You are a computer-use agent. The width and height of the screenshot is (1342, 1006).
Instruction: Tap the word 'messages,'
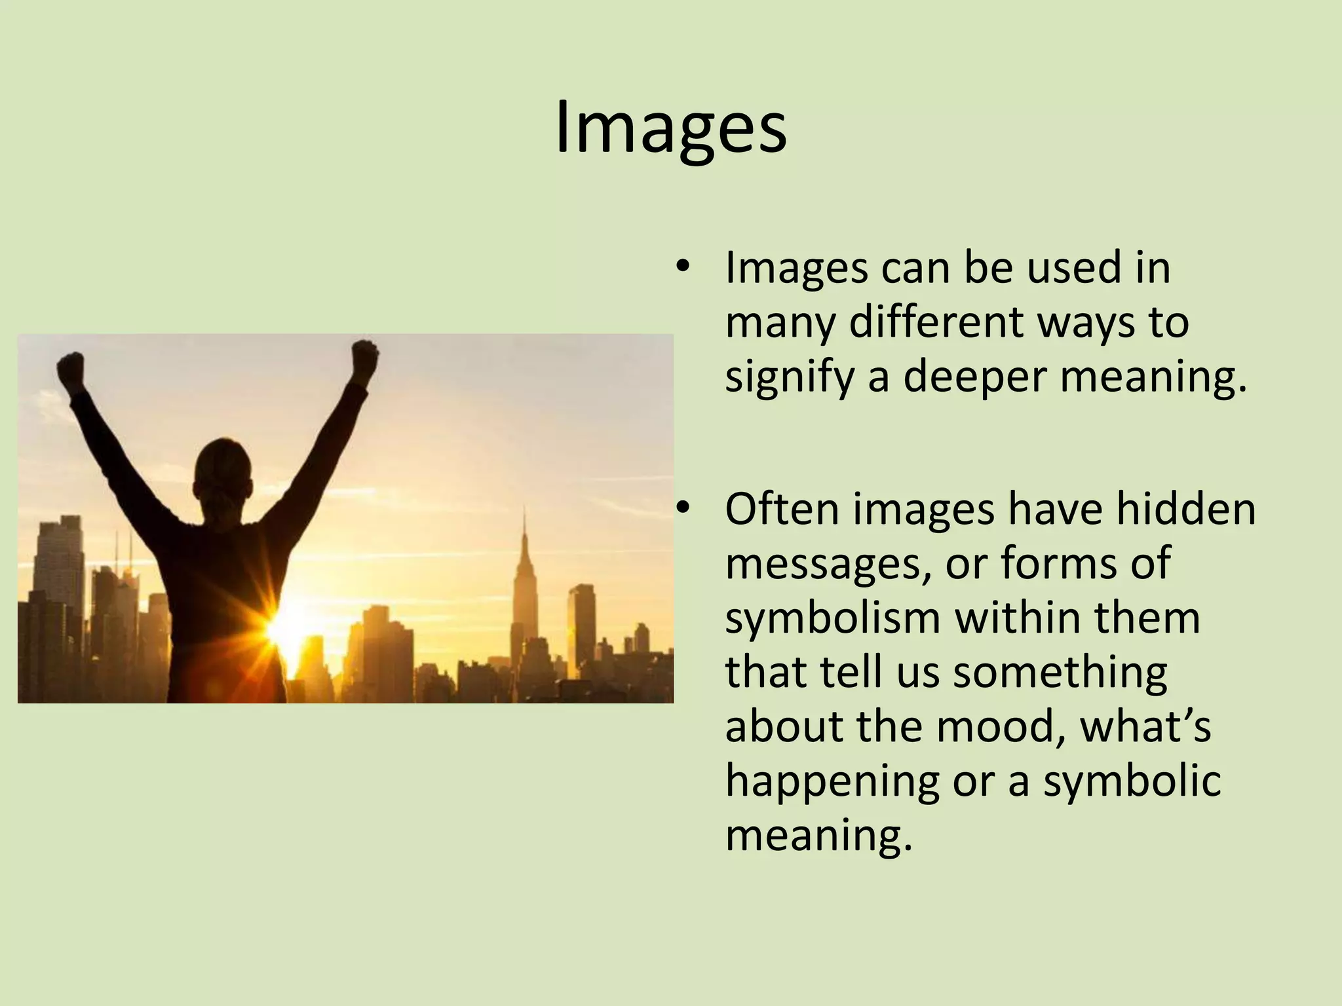(x=828, y=565)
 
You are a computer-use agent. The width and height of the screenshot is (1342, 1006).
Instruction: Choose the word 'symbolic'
(x=1132, y=781)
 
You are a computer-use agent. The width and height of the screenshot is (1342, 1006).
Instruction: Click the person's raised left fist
(x=71, y=369)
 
